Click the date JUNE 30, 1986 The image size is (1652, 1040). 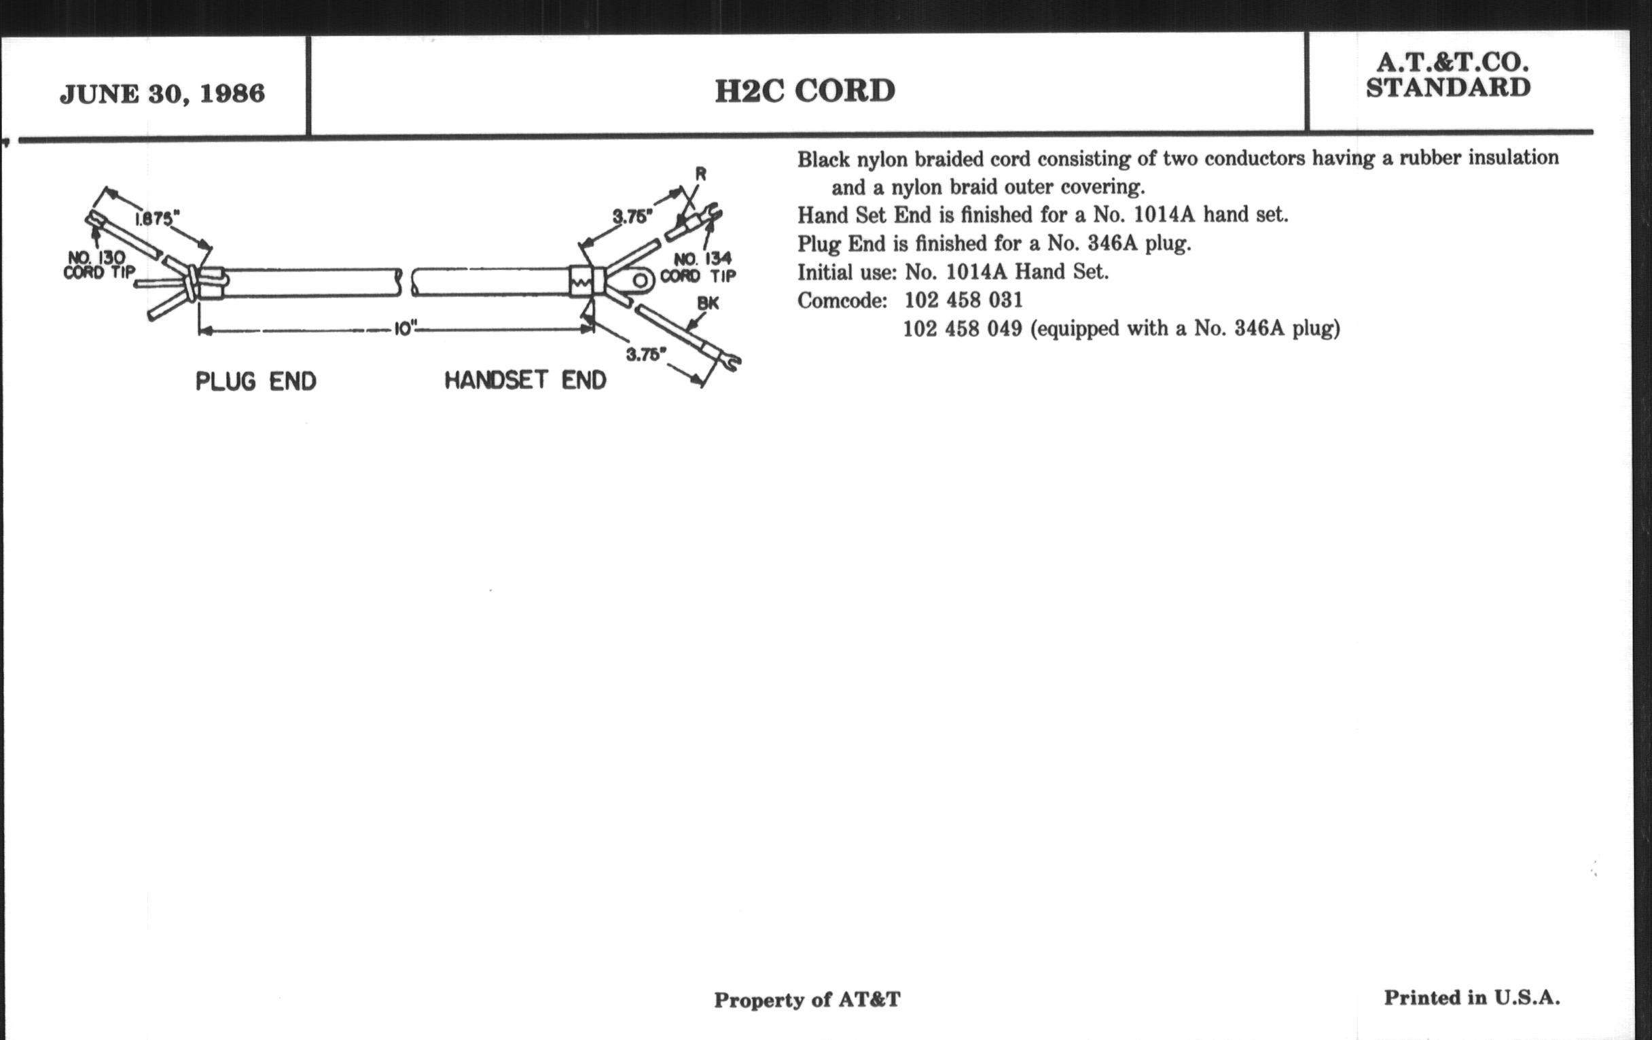tap(162, 94)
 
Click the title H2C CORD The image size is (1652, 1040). tap(805, 91)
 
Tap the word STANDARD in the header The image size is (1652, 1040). tap(1448, 88)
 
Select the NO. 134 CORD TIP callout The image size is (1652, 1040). tap(698, 268)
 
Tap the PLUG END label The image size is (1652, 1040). tap(256, 381)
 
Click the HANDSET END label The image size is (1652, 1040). tap(526, 379)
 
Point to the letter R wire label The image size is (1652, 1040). tap(700, 174)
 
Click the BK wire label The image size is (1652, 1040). tap(708, 302)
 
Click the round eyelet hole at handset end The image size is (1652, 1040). tap(641, 280)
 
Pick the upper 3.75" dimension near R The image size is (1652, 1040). tap(632, 217)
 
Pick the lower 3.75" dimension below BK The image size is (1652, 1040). tap(646, 354)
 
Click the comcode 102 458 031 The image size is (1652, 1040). tap(963, 300)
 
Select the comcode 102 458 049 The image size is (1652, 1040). tap(963, 329)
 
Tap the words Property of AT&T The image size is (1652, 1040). tap(807, 999)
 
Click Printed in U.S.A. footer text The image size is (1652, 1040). tap(1471, 997)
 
